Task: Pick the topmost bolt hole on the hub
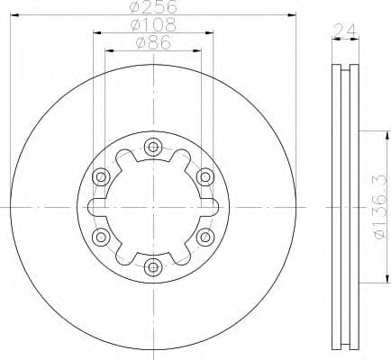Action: point(153,146)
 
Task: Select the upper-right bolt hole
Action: point(205,175)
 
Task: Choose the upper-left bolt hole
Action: point(101,175)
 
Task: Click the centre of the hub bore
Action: point(153,206)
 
